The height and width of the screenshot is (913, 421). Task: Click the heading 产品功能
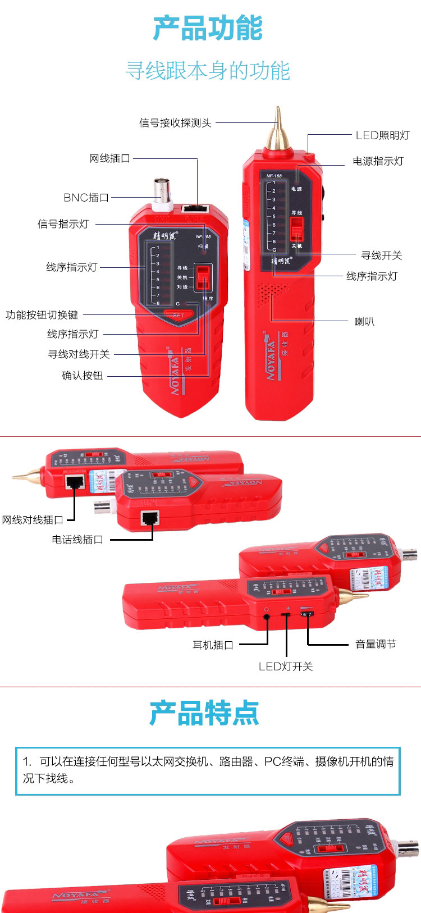[x=208, y=29]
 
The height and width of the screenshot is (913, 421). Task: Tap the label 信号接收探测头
[x=175, y=123]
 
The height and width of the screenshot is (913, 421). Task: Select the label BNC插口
[x=86, y=198]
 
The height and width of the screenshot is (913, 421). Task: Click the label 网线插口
[x=110, y=159]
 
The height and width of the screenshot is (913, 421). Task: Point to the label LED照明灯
[x=382, y=135]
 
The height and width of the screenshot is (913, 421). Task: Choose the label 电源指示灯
[x=378, y=162]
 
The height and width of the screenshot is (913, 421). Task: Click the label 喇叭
[x=364, y=322]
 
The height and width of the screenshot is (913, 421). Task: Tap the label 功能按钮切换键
[x=42, y=315]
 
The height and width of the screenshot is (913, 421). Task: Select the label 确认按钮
[x=83, y=376]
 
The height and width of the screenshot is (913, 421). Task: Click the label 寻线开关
[x=381, y=255]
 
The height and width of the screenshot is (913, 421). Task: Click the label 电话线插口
[x=77, y=540]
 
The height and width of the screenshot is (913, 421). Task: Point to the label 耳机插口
[x=213, y=645]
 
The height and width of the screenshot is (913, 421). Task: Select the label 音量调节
[x=376, y=645]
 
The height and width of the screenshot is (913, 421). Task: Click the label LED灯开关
[x=286, y=667]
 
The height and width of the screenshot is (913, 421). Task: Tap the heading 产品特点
[x=204, y=714]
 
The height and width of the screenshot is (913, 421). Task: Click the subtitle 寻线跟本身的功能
[x=208, y=71]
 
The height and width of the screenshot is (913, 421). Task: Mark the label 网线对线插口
[x=32, y=521]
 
